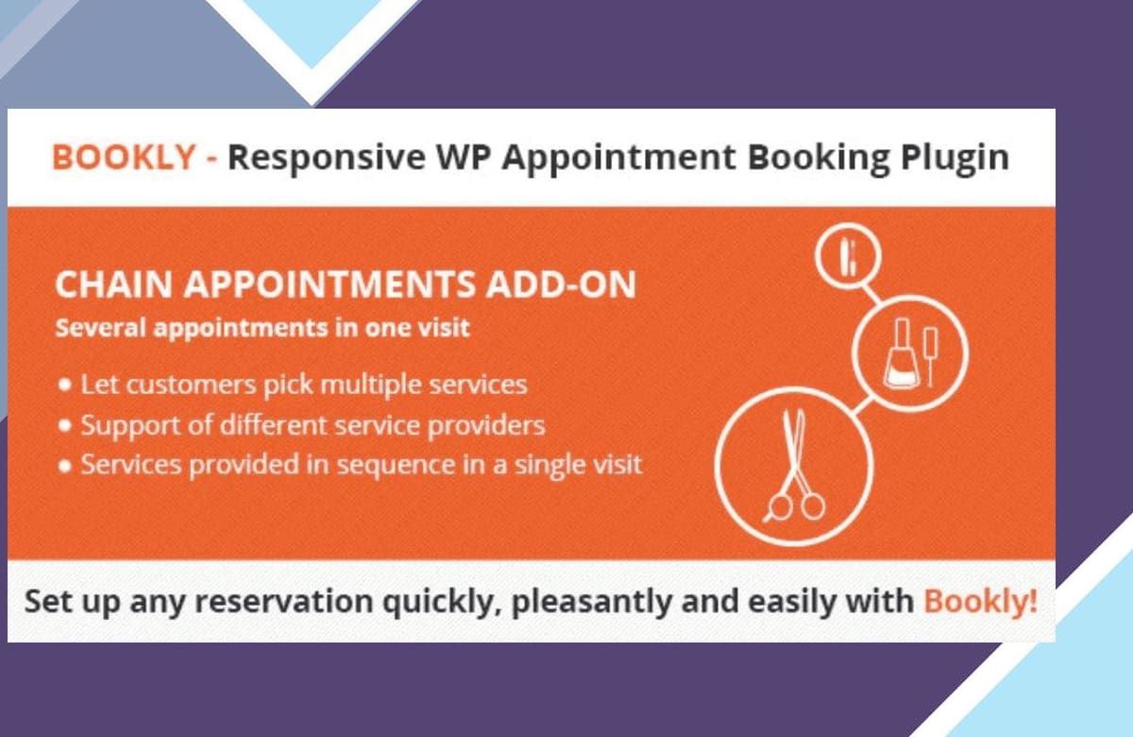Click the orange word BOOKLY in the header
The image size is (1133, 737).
pos(124,157)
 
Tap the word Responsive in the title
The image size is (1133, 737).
pos(327,159)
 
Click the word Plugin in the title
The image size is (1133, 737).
pos(955,159)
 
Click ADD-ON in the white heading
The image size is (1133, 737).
pos(561,284)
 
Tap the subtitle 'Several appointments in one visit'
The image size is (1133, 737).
pos(262,328)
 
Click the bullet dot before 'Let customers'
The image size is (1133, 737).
pos(64,385)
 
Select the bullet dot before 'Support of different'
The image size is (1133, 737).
pos(64,425)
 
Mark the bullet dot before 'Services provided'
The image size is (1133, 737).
pos(64,466)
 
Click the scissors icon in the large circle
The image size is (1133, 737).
pos(794,466)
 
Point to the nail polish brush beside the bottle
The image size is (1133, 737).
pos(931,356)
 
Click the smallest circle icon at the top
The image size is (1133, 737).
pos(848,256)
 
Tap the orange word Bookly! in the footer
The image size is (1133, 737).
pos(980,601)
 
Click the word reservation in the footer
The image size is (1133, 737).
pos(284,601)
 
